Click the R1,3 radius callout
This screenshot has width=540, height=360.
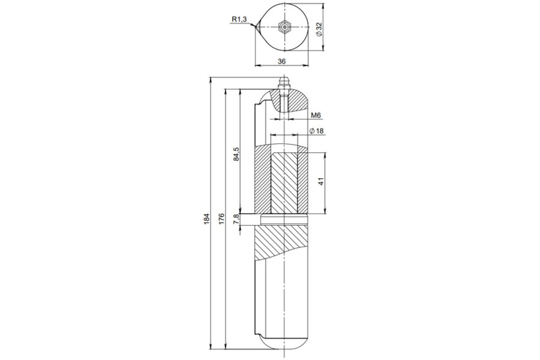239,19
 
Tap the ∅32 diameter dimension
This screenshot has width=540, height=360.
319,29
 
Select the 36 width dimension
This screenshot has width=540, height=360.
282,62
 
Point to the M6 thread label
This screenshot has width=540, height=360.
316,116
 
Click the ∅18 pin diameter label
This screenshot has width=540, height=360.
316,131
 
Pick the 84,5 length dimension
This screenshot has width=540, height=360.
237,154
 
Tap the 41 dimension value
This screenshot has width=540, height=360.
321,181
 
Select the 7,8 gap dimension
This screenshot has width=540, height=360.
236,219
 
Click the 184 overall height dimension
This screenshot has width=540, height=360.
207,219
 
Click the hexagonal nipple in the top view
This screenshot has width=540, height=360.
285,27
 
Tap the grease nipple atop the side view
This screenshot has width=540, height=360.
284,86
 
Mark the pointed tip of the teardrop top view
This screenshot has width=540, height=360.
255,27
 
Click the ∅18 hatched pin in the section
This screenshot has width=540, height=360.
284,184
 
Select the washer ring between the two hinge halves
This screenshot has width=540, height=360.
284,220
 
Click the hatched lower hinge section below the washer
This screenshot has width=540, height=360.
281,243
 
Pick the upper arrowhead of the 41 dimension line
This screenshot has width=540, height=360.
325,156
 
